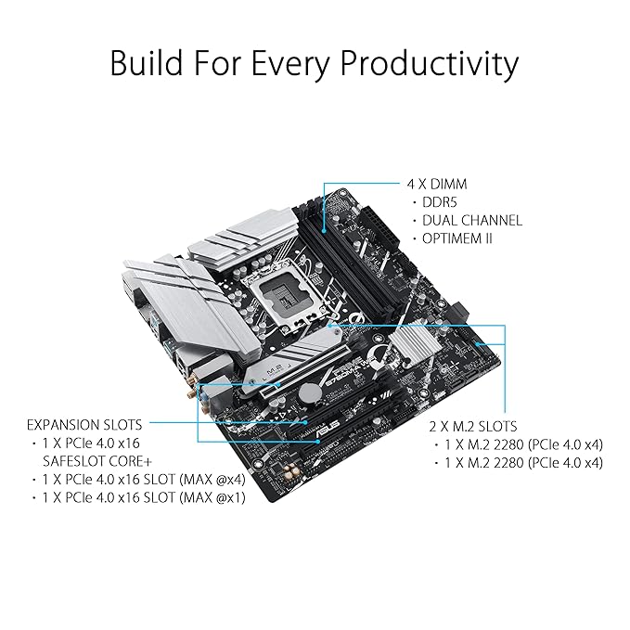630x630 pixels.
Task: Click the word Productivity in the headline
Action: pyautogui.click(x=430, y=64)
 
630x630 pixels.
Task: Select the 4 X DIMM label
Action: pyautogui.click(x=437, y=184)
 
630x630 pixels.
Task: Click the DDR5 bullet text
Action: pyautogui.click(x=440, y=201)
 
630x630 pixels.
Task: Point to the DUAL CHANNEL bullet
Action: pyautogui.click(x=472, y=220)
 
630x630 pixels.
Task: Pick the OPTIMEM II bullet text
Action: pyautogui.click(x=457, y=238)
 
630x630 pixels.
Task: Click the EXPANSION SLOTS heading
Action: pyautogui.click(x=84, y=425)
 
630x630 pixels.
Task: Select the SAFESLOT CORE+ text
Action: pyautogui.click(x=97, y=461)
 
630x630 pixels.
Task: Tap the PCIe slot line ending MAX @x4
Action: pyautogui.click(x=144, y=480)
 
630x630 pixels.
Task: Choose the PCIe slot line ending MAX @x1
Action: pyautogui.click(x=144, y=498)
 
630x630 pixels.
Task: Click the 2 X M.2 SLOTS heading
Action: pyautogui.click(x=473, y=426)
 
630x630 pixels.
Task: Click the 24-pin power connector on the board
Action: pyautogui.click(x=379, y=228)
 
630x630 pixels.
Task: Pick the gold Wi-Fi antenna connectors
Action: pyautogui.click(x=198, y=395)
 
